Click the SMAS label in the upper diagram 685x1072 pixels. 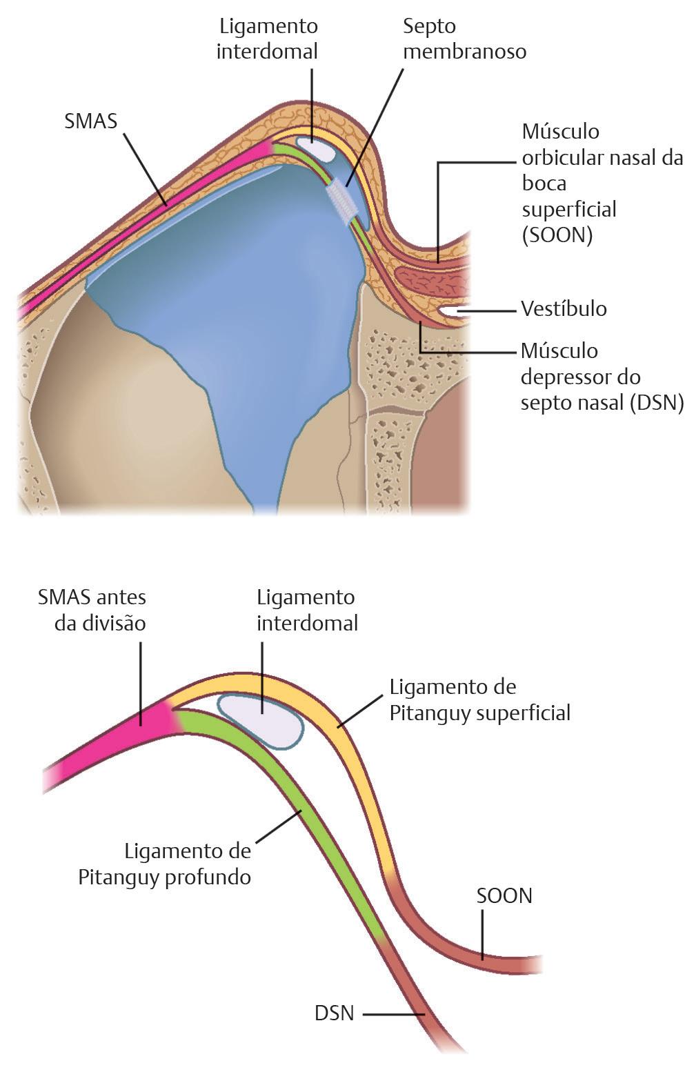tap(90, 121)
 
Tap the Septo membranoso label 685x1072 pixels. tap(464, 39)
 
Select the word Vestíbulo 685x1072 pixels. tap(564, 308)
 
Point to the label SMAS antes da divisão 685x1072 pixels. tap(92, 610)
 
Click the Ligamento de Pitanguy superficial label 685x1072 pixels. tap(479, 699)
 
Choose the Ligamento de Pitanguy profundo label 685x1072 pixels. tap(165, 864)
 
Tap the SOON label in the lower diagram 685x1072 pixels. tap(504, 895)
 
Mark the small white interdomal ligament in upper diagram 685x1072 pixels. tap(312, 146)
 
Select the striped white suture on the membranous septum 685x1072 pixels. tap(343, 199)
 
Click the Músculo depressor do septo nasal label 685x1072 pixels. tap(602, 377)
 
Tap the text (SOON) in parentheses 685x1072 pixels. tap(557, 235)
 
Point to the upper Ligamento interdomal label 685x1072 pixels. tap(268, 39)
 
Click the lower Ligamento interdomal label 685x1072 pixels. tap(307, 610)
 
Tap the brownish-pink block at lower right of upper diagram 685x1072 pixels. tap(441, 441)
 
